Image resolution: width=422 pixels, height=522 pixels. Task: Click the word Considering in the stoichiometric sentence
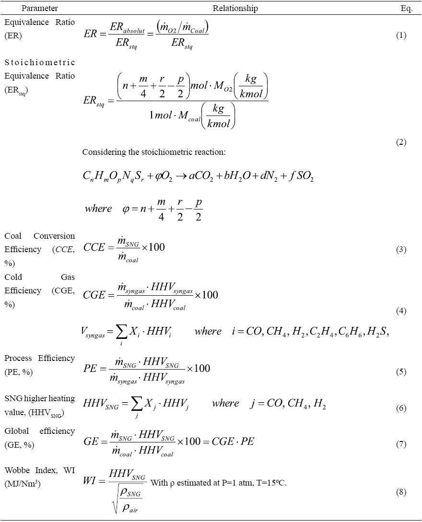[103, 152]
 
